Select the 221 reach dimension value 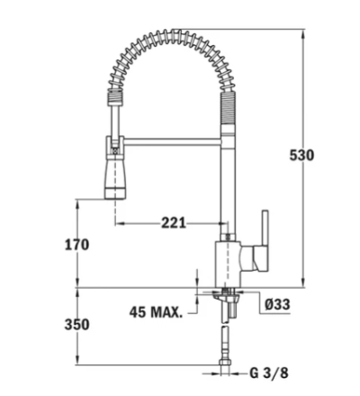point(177,222)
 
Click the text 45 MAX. point(154,313)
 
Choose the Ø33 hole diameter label point(276,304)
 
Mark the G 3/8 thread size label point(270,372)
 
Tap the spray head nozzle point(114,179)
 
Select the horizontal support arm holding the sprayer point(171,139)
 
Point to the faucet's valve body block point(229,262)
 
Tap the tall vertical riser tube point(229,180)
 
